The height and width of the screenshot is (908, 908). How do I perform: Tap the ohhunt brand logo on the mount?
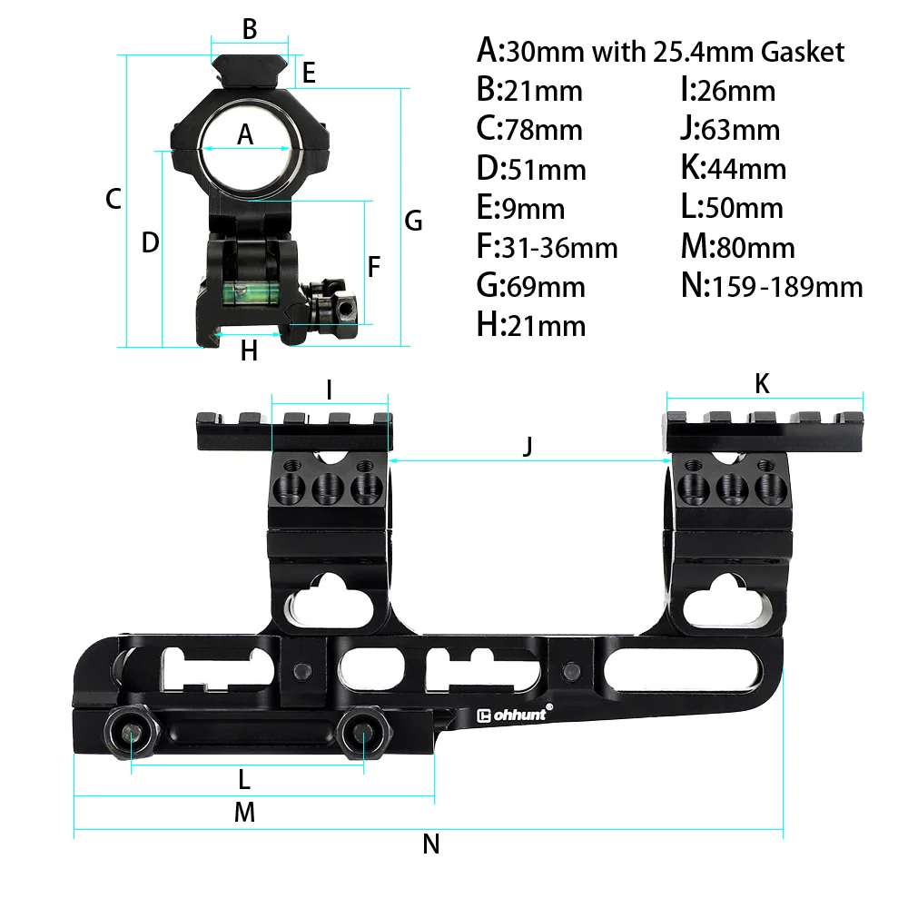point(514,715)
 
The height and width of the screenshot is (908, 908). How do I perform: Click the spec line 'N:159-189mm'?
point(771,287)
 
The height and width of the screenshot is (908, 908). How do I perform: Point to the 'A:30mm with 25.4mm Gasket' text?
point(660,51)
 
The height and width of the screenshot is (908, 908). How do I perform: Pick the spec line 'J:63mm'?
point(730,130)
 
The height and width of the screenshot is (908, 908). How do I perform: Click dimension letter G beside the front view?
point(413,221)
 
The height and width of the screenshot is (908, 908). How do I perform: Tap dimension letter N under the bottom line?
point(431,844)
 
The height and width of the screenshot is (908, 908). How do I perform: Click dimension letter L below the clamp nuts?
point(243,779)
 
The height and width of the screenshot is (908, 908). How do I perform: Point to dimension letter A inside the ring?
point(245,135)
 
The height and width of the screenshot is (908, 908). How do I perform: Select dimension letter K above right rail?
point(763,384)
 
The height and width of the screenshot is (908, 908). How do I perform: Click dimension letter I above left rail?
point(329,390)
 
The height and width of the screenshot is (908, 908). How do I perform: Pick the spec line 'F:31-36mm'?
point(547,247)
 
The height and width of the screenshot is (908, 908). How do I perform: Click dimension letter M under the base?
point(244,813)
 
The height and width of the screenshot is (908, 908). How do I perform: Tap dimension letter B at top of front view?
point(250,29)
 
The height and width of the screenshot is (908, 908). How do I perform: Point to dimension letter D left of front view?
point(151,242)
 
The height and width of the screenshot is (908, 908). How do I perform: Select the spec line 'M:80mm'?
point(737,247)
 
